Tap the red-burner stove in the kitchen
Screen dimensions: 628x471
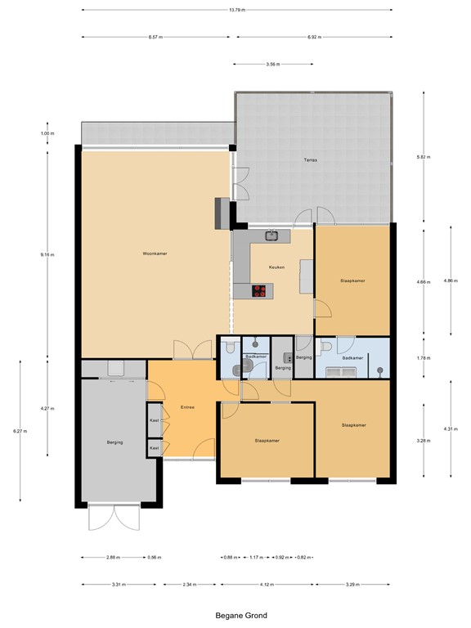click(261, 289)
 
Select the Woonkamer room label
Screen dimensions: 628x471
click(155, 254)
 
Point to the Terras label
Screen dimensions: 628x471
click(310, 159)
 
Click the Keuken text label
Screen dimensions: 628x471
click(276, 267)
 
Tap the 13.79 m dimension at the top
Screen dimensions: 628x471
click(237, 10)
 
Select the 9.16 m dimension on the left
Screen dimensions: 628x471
click(47, 254)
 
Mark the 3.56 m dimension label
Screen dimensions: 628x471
click(262, 64)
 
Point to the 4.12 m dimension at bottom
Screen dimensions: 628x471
click(267, 585)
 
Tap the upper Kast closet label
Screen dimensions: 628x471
click(154, 419)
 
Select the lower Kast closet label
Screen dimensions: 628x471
click(154, 448)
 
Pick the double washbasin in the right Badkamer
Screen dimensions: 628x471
click(341, 372)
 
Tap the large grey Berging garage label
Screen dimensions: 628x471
click(114, 442)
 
